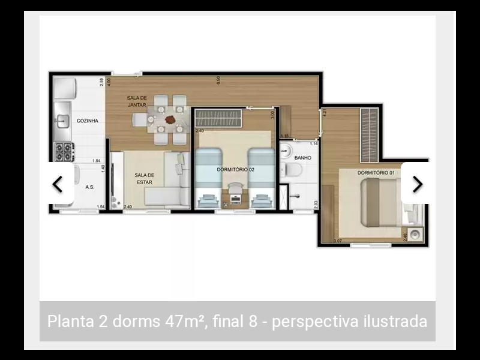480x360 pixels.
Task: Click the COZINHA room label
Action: [x=88, y=121]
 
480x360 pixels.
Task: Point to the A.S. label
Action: [x=90, y=187]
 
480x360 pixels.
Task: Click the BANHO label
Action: [x=301, y=158]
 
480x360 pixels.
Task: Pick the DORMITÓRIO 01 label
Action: [x=376, y=173]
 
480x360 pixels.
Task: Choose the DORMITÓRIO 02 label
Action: [x=236, y=170]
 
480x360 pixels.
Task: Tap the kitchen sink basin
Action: [x=62, y=121]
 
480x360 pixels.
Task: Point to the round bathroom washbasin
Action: [x=286, y=150]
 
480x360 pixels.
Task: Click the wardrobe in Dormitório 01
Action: [x=370, y=135]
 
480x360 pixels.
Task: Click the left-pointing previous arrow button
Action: [x=58, y=184]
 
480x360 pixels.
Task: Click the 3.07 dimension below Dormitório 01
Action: [x=337, y=241]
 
